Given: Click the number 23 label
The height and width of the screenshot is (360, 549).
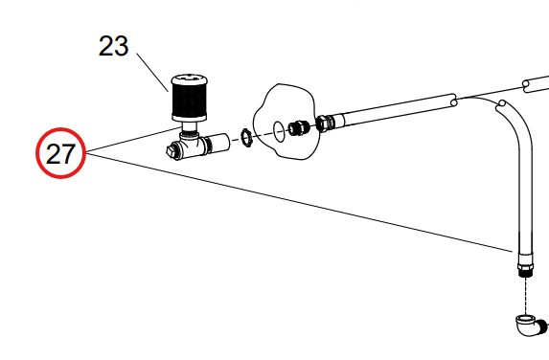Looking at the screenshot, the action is (113, 46).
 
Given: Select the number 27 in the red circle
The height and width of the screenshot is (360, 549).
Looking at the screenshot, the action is (60, 154).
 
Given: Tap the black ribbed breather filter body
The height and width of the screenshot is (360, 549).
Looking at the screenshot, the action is (189, 100).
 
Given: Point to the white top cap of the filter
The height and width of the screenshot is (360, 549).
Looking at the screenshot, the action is (189, 79).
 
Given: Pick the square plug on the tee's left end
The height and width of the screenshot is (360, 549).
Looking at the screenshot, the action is (171, 150).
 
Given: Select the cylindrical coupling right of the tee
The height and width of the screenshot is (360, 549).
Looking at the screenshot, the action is (217, 143).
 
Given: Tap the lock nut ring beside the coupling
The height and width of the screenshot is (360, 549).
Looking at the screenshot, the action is (246, 138).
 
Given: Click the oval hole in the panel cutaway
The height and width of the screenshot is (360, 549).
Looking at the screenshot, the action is (279, 131).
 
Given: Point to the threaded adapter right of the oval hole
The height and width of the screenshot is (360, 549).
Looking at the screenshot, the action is (298, 127).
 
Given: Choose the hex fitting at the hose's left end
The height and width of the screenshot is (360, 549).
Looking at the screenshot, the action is (325, 124).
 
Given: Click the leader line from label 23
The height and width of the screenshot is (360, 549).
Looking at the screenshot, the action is (152, 73).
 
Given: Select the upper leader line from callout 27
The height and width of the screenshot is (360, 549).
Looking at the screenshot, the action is (134, 141).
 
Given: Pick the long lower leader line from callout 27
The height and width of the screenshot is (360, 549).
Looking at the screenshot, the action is (299, 203).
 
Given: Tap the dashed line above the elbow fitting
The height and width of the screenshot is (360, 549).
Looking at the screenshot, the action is (526, 296).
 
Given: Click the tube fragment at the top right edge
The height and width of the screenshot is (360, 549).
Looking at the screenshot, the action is (536, 84).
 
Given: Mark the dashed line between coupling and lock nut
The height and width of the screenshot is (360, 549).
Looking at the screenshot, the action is (236, 140).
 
